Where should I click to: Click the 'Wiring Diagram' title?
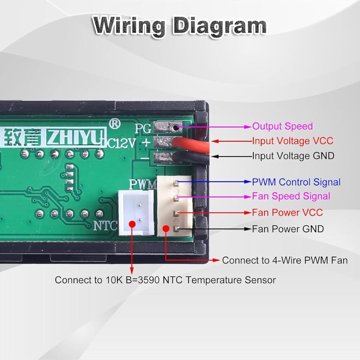pos(179,26)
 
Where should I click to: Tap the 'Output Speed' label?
pos(282,126)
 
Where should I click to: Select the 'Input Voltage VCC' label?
pos(292,141)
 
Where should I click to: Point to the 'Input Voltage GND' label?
pos(293,156)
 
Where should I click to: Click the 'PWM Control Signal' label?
pos(296,182)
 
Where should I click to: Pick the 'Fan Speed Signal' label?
pos(291,196)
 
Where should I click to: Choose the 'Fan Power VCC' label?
pos(287,213)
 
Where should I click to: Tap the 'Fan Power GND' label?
pos(288,229)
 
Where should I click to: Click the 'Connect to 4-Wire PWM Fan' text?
pos(285,260)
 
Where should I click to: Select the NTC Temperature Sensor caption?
pos(165,280)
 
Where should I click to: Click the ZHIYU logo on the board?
pos(76,138)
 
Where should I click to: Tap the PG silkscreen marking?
pos(142,128)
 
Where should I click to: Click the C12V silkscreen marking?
pos(121,143)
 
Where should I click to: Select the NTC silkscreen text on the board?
pos(105,226)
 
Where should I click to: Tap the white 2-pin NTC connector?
pos(136,213)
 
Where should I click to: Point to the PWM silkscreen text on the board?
pos(143,184)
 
